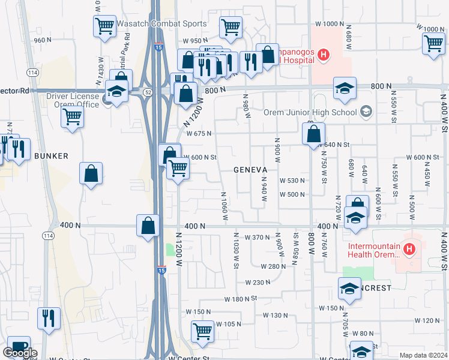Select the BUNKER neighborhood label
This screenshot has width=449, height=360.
coord(51,156)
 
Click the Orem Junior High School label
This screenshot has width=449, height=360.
coord(311,112)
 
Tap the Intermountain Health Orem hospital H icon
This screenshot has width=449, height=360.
coord(409,248)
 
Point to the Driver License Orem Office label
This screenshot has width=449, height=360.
coord(73,100)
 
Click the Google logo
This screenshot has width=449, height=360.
coord(20,353)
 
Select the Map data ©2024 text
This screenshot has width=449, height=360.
coord(424,355)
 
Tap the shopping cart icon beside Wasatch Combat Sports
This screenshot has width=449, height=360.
coord(104,26)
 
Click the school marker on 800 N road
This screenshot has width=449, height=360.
coord(345,88)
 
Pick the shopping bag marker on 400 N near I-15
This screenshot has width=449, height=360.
coord(148,226)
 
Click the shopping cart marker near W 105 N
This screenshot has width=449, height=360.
coord(202,331)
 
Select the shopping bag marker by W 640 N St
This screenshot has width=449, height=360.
coord(313,134)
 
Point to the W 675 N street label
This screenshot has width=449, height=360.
coord(200,134)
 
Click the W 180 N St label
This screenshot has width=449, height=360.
coord(241,298)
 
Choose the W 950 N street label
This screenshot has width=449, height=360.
coord(196,41)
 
